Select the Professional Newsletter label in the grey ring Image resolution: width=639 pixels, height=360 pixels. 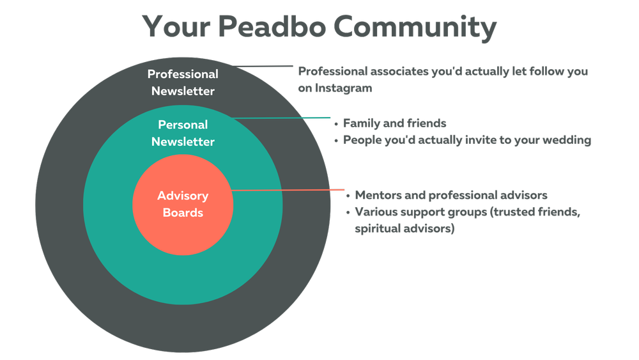click(x=183, y=82)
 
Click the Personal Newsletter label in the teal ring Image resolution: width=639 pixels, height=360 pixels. click(x=183, y=133)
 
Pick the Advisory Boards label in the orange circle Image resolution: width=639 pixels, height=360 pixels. click(x=183, y=204)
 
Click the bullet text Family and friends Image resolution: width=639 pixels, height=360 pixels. click(x=394, y=123)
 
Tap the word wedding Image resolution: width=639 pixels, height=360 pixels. click(x=568, y=140)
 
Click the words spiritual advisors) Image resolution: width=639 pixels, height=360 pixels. click(x=404, y=229)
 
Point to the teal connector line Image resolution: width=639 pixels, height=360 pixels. click(x=281, y=118)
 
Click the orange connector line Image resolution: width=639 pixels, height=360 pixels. click(x=288, y=190)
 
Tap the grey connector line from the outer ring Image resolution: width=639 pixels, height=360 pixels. click(x=263, y=66)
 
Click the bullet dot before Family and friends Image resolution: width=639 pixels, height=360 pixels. click(x=336, y=123)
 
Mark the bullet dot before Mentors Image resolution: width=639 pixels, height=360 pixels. click(x=348, y=196)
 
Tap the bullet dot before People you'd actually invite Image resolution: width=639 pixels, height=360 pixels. click(x=336, y=140)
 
